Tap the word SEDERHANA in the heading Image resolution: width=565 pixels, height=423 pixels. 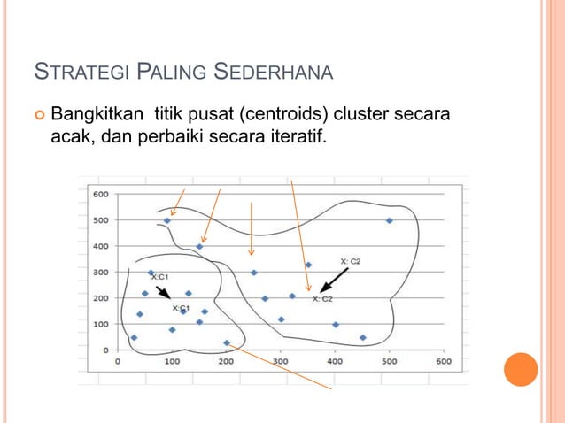(275, 71)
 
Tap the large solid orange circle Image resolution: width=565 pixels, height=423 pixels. (521, 370)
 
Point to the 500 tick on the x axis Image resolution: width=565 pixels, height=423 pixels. (390, 362)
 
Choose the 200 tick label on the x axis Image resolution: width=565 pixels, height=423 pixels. (227, 362)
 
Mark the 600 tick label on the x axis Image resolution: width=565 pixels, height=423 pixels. (444, 362)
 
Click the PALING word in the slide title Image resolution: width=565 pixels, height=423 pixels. (176, 71)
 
